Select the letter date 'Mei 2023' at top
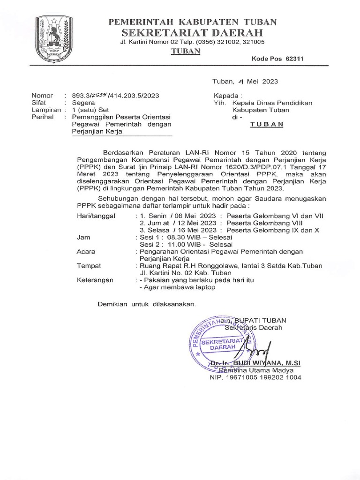(262, 81)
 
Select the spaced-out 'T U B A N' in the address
(267, 125)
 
